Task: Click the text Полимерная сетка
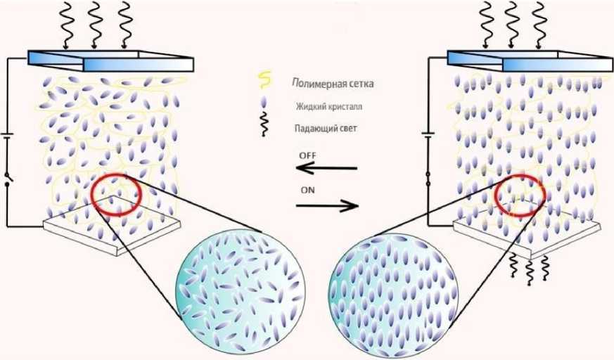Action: tap(332, 84)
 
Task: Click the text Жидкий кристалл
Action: tap(328, 107)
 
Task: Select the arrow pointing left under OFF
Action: tap(326, 169)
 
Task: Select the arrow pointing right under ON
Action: tap(327, 206)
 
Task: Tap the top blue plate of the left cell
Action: tap(110, 60)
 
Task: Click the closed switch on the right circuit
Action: tap(428, 179)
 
